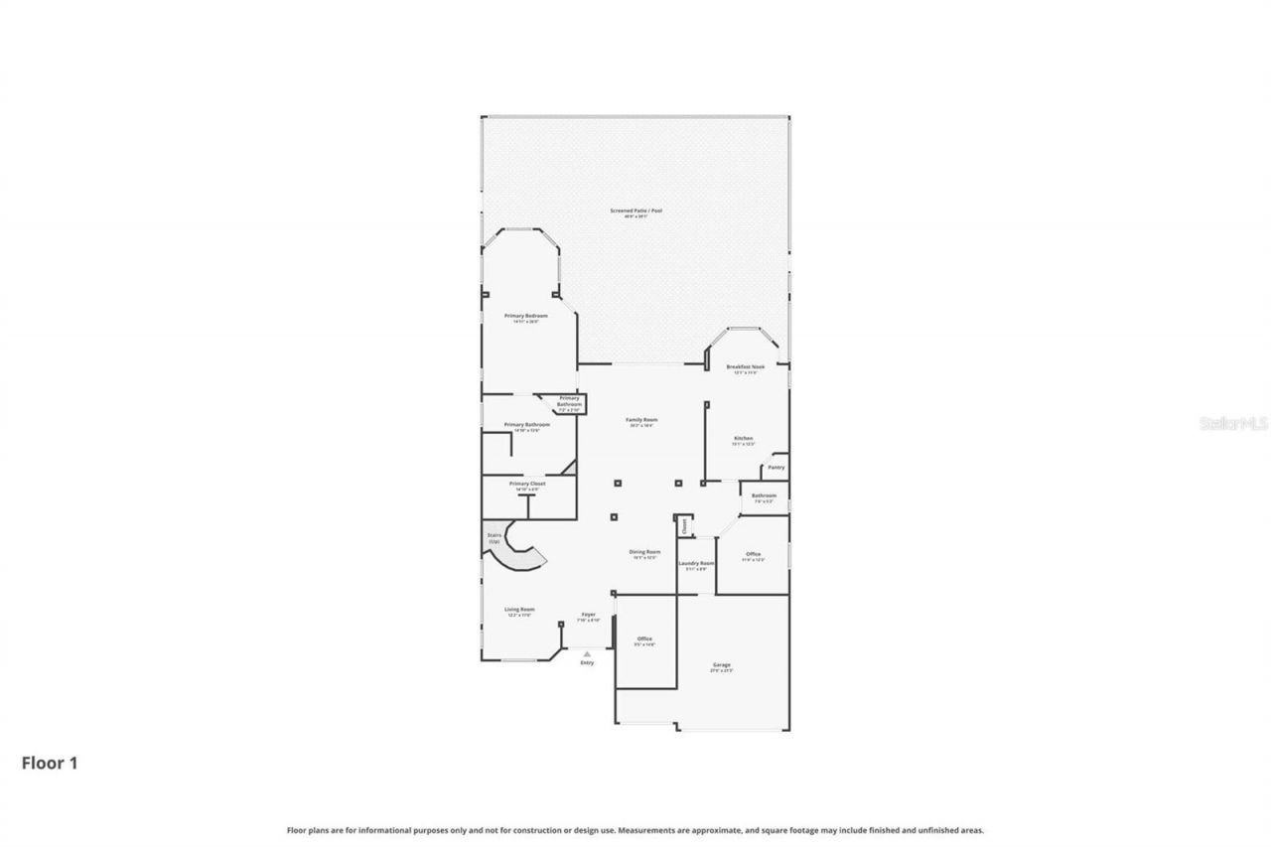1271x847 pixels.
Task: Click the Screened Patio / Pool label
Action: tap(635, 211)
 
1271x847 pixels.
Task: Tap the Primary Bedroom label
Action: tap(526, 316)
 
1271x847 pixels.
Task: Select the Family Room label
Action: tap(641, 420)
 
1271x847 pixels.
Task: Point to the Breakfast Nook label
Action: tap(745, 366)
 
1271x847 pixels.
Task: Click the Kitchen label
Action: tap(743, 438)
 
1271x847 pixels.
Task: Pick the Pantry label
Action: tap(776, 467)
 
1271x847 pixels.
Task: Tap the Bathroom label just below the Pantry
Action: tap(764, 495)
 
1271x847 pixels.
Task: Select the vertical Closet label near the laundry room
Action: tap(683, 526)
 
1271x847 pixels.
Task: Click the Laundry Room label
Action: tap(696, 563)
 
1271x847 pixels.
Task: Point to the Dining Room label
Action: tap(644, 552)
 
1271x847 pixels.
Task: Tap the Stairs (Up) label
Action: tap(494, 537)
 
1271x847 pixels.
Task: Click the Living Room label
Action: tap(519, 610)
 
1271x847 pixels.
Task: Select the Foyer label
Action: tap(589, 615)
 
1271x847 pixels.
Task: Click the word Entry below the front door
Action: tap(587, 662)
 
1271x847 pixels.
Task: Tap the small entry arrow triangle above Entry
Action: tap(587, 653)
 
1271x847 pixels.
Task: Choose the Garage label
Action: tap(721, 665)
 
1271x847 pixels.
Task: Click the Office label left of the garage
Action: tap(644, 638)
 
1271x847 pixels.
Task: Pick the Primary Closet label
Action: tap(526, 484)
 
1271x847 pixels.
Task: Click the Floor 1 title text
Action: tap(50, 763)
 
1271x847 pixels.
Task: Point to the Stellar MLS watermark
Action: tap(1233, 423)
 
